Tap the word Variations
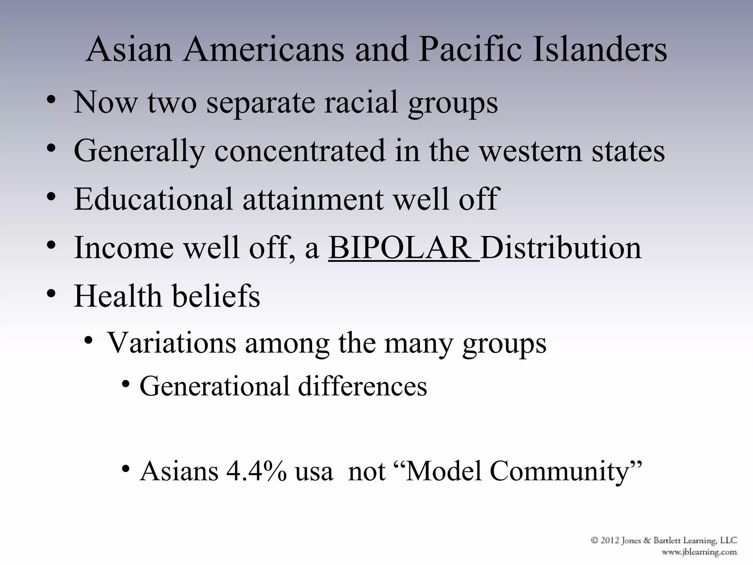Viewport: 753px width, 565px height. [x=171, y=343]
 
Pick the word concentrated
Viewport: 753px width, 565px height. [x=300, y=151]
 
